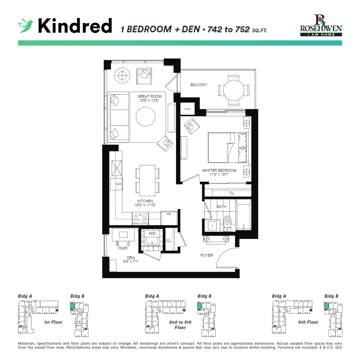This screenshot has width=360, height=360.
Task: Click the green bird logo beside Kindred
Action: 26,26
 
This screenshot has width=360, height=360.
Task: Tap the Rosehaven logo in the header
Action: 321,26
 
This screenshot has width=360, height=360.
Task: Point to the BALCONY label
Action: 199,85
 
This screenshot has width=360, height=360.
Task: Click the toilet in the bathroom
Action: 228,222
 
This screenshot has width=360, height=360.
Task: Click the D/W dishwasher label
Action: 118,184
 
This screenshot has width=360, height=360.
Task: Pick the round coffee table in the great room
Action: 145,116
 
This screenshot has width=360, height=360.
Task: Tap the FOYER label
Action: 207,255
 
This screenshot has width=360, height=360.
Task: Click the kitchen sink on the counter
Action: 117,168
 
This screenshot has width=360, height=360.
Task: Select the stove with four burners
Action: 140,218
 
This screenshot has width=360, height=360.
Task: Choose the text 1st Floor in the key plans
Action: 53,322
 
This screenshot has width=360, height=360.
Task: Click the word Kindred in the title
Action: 75,26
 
